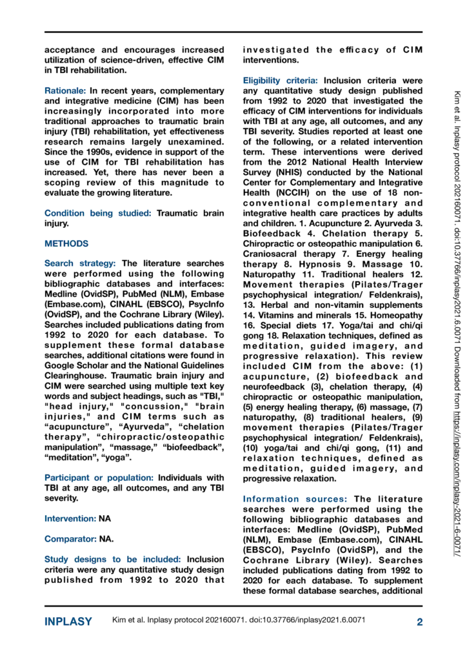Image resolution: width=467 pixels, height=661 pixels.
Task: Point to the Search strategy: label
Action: [80, 263]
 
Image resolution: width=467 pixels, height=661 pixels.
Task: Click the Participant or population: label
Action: [99, 477]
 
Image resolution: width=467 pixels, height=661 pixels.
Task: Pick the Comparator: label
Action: [70, 538]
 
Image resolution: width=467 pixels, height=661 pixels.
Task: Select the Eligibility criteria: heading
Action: [280, 81]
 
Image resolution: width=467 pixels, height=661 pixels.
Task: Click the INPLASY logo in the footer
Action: [68, 622]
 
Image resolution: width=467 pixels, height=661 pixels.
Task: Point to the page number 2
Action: [419, 622]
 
